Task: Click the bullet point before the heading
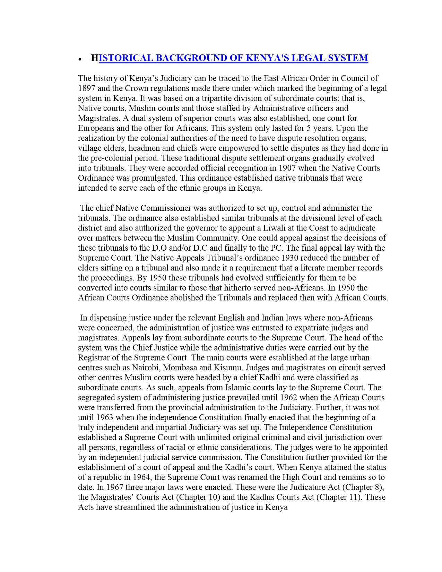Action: coord(80,59)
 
